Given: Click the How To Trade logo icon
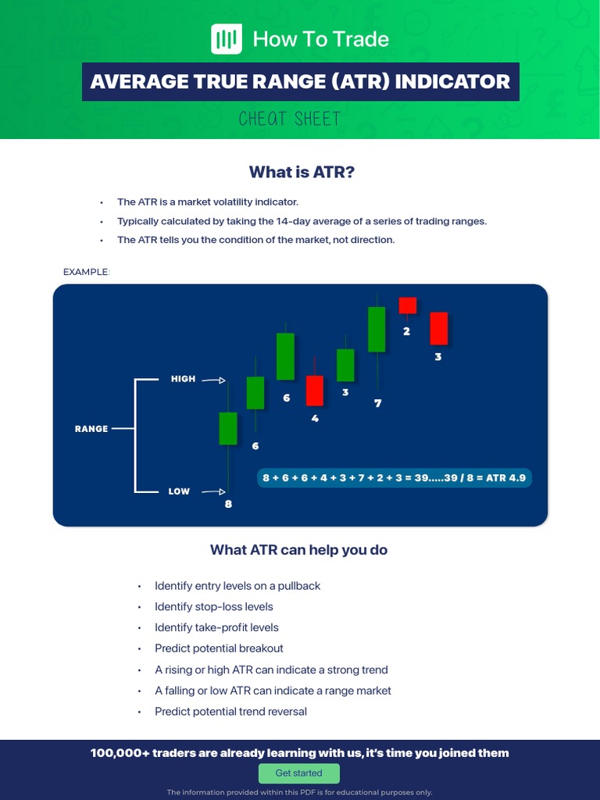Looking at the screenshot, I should click(227, 39).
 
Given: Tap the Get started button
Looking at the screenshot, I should click(299, 773).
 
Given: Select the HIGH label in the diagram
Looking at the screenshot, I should click(183, 379).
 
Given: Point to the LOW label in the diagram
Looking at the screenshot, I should click(179, 491).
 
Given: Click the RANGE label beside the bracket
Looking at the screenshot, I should click(91, 429).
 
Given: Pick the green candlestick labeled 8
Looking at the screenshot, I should click(228, 429).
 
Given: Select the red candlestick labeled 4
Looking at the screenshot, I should click(315, 391).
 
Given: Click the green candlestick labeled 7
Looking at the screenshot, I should click(377, 329).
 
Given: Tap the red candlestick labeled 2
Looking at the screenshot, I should click(407, 305).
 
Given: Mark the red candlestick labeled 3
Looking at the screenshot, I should click(438, 328).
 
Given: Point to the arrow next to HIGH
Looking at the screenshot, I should click(213, 380).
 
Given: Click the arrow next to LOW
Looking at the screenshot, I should click(213, 492).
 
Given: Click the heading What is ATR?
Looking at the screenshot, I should click(302, 172).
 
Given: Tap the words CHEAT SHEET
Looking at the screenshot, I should click(290, 120).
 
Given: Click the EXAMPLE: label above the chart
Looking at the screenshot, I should click(87, 272).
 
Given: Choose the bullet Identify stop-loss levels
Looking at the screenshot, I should click(214, 607).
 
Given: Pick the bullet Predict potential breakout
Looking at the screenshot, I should click(219, 648).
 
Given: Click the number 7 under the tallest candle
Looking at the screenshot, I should click(378, 404).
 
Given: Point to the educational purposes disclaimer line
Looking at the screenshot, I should click(299, 792).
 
